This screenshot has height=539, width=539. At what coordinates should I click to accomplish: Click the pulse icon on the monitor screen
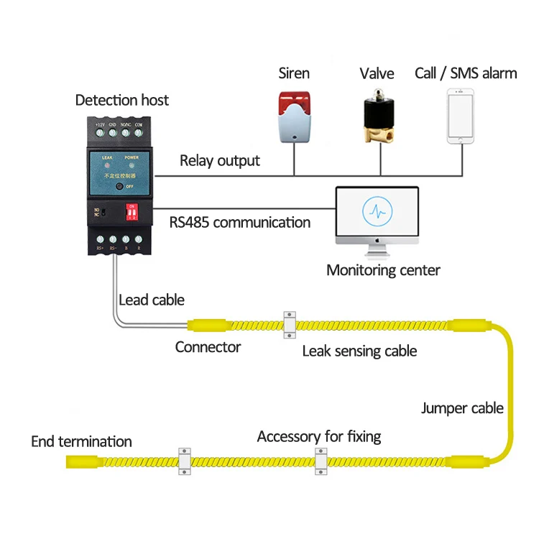(377, 213)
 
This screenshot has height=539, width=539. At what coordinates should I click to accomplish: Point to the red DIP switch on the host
(132, 213)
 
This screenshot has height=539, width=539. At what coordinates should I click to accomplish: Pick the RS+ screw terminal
(101, 239)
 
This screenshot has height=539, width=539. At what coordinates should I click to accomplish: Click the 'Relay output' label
(219, 160)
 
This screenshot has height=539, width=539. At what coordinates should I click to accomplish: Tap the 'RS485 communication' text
(240, 222)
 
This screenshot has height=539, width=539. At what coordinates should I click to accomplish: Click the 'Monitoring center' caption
(383, 270)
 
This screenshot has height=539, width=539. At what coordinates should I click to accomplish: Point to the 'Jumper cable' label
(462, 408)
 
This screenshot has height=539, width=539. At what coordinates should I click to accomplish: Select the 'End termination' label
(81, 441)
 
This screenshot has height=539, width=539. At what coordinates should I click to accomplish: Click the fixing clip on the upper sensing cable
(290, 324)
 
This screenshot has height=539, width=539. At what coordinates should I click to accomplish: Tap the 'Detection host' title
(122, 100)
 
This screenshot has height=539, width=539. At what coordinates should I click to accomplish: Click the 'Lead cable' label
(152, 300)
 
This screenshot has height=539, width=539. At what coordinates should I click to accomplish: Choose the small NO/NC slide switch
(103, 213)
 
